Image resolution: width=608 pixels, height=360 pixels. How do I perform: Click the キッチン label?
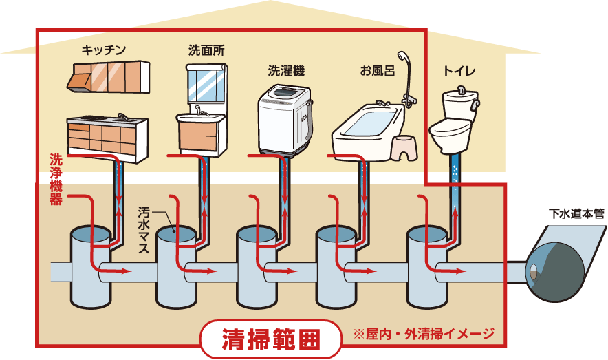point(104,50)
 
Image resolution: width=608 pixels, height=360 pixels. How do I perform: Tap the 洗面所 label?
point(206,50)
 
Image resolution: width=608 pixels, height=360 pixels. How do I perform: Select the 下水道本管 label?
point(576,213)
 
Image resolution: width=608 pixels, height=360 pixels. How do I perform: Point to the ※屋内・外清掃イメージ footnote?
point(423,335)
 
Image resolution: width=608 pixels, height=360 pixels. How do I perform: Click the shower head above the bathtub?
point(402,56)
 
